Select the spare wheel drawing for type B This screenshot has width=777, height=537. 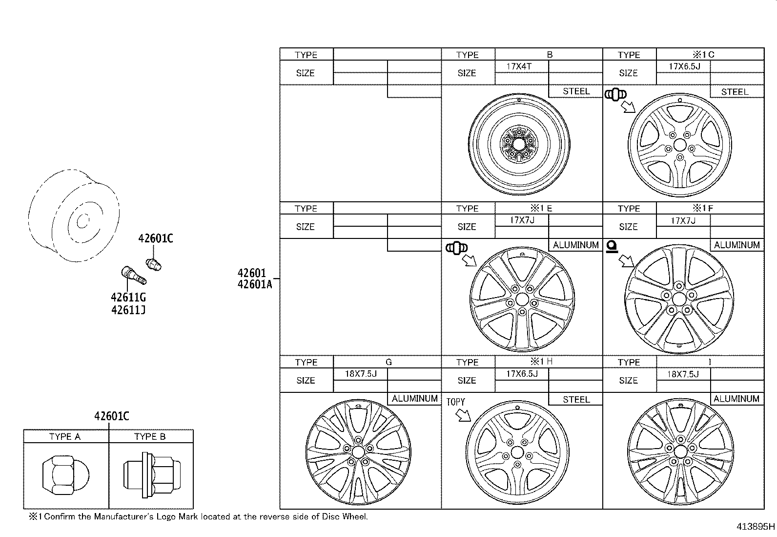pos(519,144)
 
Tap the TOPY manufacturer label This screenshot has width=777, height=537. pos(455,402)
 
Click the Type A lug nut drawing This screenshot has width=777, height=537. pos(65,474)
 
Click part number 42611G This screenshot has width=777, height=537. pos(128,298)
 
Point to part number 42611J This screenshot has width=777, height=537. pos(128,310)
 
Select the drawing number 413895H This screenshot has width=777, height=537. pos(755,527)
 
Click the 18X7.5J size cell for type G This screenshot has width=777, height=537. pos(360,374)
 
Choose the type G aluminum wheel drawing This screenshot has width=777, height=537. pos(358,450)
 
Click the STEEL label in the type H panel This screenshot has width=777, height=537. pos(576,399)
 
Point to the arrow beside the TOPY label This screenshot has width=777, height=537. pos(463,415)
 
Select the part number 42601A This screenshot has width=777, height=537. pos(254,284)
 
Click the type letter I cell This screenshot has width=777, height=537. pos(710,362)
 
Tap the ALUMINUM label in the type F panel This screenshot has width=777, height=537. pos(736,245)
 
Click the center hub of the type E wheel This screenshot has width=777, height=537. pos(521,299)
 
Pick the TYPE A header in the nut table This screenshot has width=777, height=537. pos(65,436)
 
